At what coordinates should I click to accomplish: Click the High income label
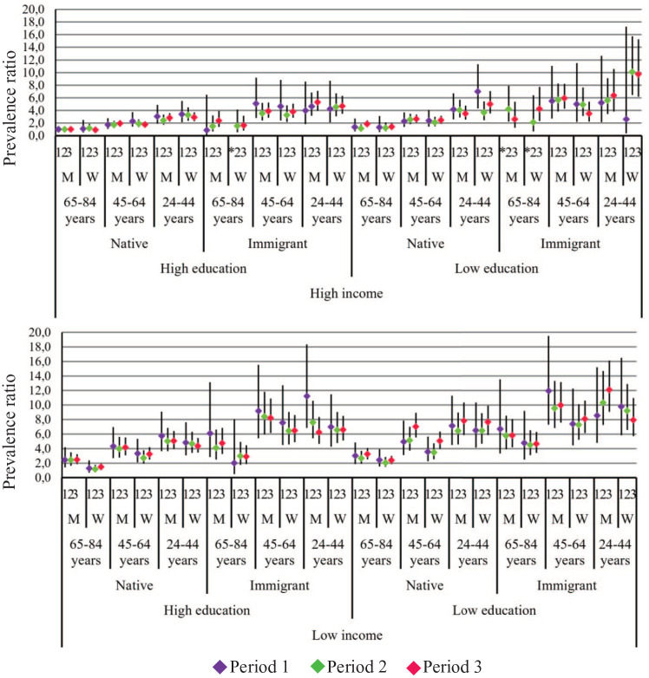point(348,294)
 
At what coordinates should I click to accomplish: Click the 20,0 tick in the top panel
point(36,10)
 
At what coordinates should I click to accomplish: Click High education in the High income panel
point(204,268)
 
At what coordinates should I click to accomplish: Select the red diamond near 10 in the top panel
point(639,75)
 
